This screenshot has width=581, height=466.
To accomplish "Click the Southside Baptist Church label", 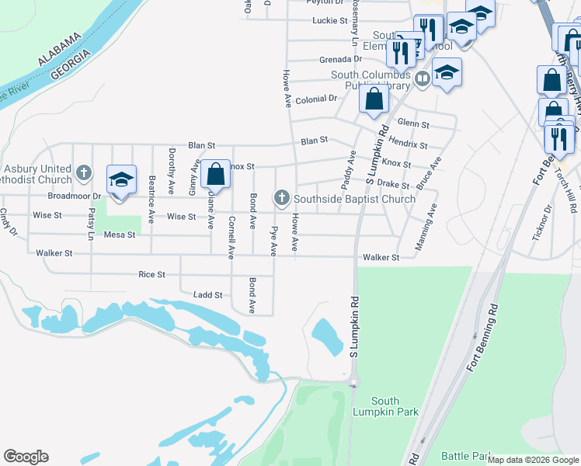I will [x=354, y=199].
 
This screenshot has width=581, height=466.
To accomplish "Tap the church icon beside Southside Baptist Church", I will [x=281, y=199].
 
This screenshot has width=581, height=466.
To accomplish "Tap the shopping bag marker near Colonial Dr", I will [x=374, y=99].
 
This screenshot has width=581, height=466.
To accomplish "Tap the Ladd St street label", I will [x=207, y=295].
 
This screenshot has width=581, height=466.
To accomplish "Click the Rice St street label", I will [x=151, y=274].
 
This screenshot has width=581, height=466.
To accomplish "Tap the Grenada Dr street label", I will [x=340, y=59].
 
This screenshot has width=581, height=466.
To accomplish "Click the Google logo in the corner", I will [x=26, y=457].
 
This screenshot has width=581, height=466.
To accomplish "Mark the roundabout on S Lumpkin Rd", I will [x=354, y=381].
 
